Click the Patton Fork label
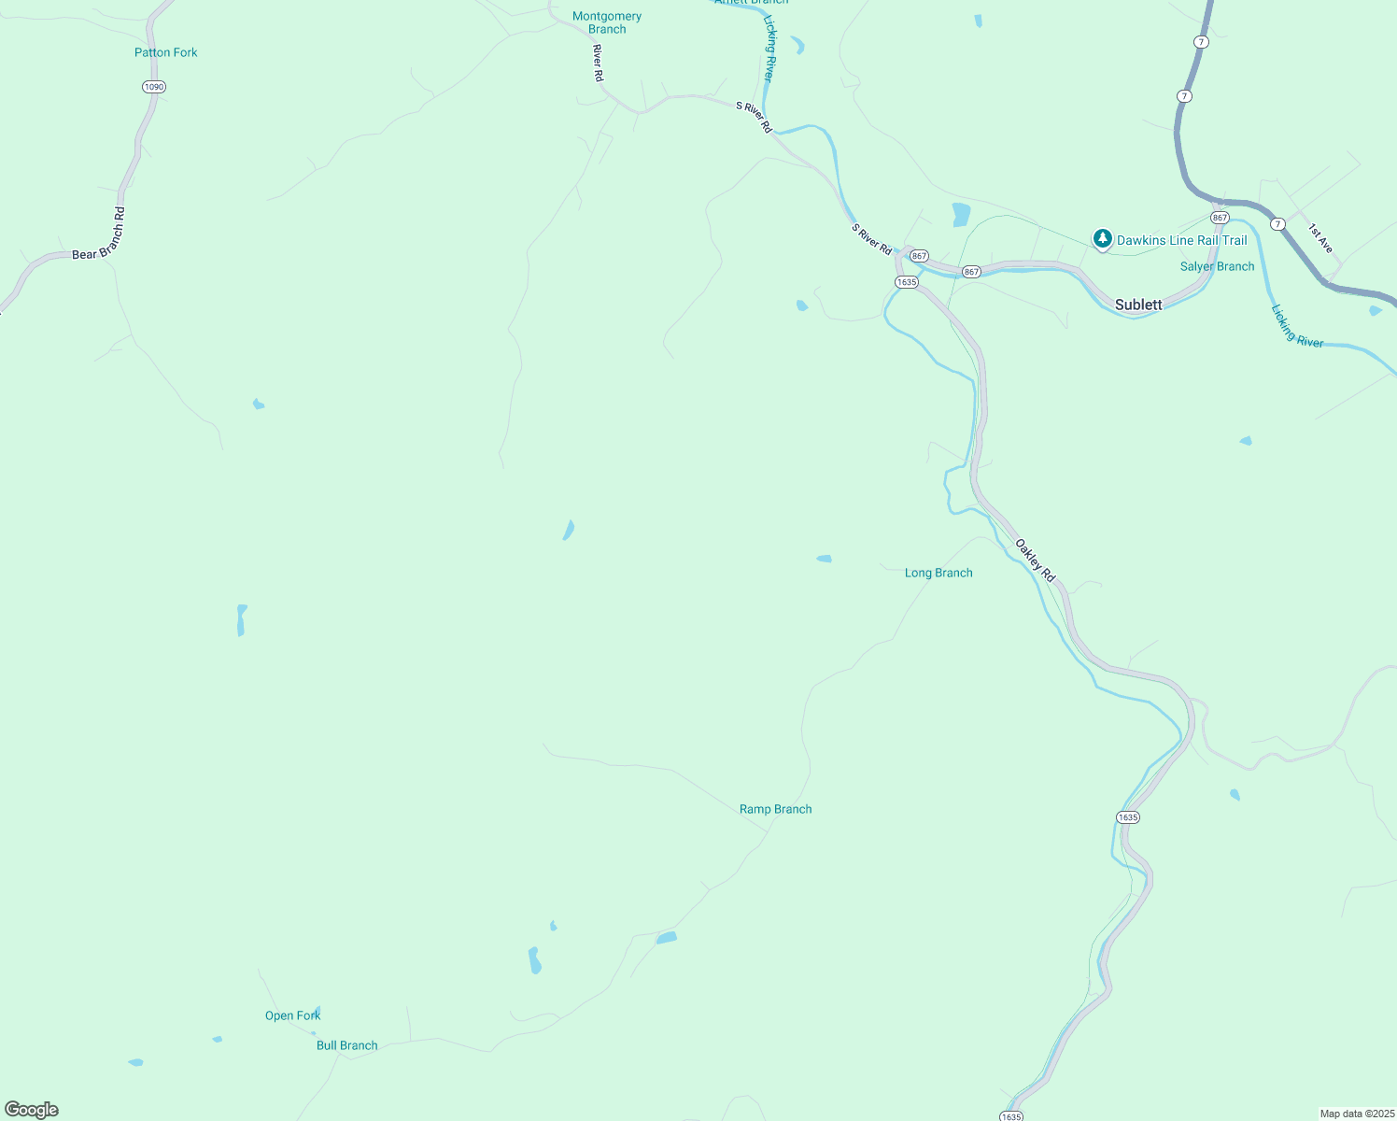pyautogui.click(x=166, y=52)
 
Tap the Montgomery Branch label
pyautogui.click(x=607, y=22)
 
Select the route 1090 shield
pyautogui.click(x=154, y=87)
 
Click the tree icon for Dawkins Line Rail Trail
pyautogui.click(x=1103, y=239)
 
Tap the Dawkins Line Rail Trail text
pyautogui.click(x=1182, y=240)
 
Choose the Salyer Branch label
pyautogui.click(x=1217, y=266)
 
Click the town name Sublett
pyautogui.click(x=1138, y=305)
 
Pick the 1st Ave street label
pyautogui.click(x=1319, y=238)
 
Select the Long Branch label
pyautogui.click(x=938, y=573)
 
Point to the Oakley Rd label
pyautogui.click(x=1035, y=560)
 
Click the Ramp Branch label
pyautogui.click(x=775, y=809)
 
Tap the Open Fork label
pyautogui.click(x=292, y=1015)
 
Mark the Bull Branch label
pyautogui.click(x=346, y=1045)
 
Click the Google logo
pyautogui.click(x=32, y=1110)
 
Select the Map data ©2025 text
pyautogui.click(x=1356, y=1114)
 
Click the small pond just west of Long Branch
pyautogui.click(x=824, y=559)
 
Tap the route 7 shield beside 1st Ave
pyautogui.click(x=1277, y=224)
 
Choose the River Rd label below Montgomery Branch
pyautogui.click(x=598, y=63)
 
